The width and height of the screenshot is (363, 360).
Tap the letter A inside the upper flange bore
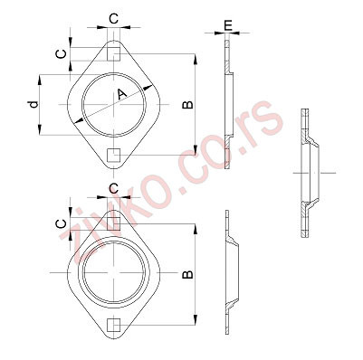point(120,95)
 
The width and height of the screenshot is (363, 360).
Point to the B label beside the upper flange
point(187,105)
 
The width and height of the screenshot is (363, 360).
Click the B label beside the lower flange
point(187,273)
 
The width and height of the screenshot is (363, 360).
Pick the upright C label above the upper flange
point(114,17)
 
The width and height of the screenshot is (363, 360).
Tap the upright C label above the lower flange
point(114,187)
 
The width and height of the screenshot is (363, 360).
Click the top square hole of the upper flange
point(113,54)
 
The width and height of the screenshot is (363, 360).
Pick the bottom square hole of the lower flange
point(113,323)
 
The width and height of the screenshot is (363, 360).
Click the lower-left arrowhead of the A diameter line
point(81,120)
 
